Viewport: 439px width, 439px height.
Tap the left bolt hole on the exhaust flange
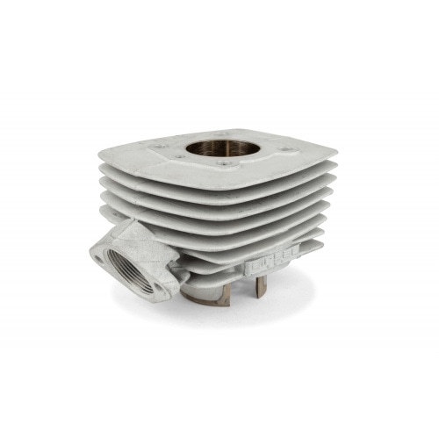96,256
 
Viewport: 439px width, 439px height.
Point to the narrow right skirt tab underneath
259,286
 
